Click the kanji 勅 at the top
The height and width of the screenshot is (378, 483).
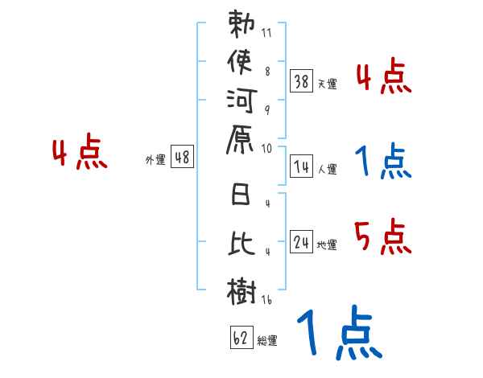[x=242, y=24]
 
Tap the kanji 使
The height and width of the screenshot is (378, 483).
[x=240, y=62]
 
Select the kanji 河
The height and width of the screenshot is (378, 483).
[x=242, y=101]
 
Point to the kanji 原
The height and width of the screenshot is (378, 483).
[x=240, y=139]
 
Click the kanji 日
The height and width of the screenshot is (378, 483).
[x=241, y=194]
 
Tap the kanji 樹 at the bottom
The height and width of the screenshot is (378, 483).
[x=242, y=291]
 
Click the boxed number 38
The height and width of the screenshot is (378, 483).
[x=301, y=81]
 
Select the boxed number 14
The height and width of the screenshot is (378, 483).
[x=301, y=166]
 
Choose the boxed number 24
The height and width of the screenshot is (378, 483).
[x=301, y=242]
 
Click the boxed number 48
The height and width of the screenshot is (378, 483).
[x=183, y=157]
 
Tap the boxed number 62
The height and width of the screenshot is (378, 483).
[x=242, y=338]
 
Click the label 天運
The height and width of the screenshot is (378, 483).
[x=327, y=84]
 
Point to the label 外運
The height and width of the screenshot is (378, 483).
[x=155, y=159]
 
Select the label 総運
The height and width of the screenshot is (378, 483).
[x=267, y=340]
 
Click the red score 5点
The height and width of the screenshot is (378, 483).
[x=383, y=236]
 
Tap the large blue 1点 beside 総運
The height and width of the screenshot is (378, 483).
[x=340, y=332]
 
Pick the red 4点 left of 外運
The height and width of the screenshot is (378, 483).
[x=80, y=151]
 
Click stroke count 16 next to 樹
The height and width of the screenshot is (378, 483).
[x=266, y=300]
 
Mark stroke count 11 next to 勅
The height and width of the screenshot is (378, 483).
[x=266, y=33]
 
